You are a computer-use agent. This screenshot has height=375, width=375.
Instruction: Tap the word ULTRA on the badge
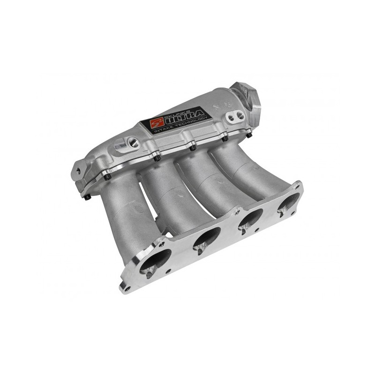185,116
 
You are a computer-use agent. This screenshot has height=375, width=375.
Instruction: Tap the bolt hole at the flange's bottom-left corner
126,286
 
